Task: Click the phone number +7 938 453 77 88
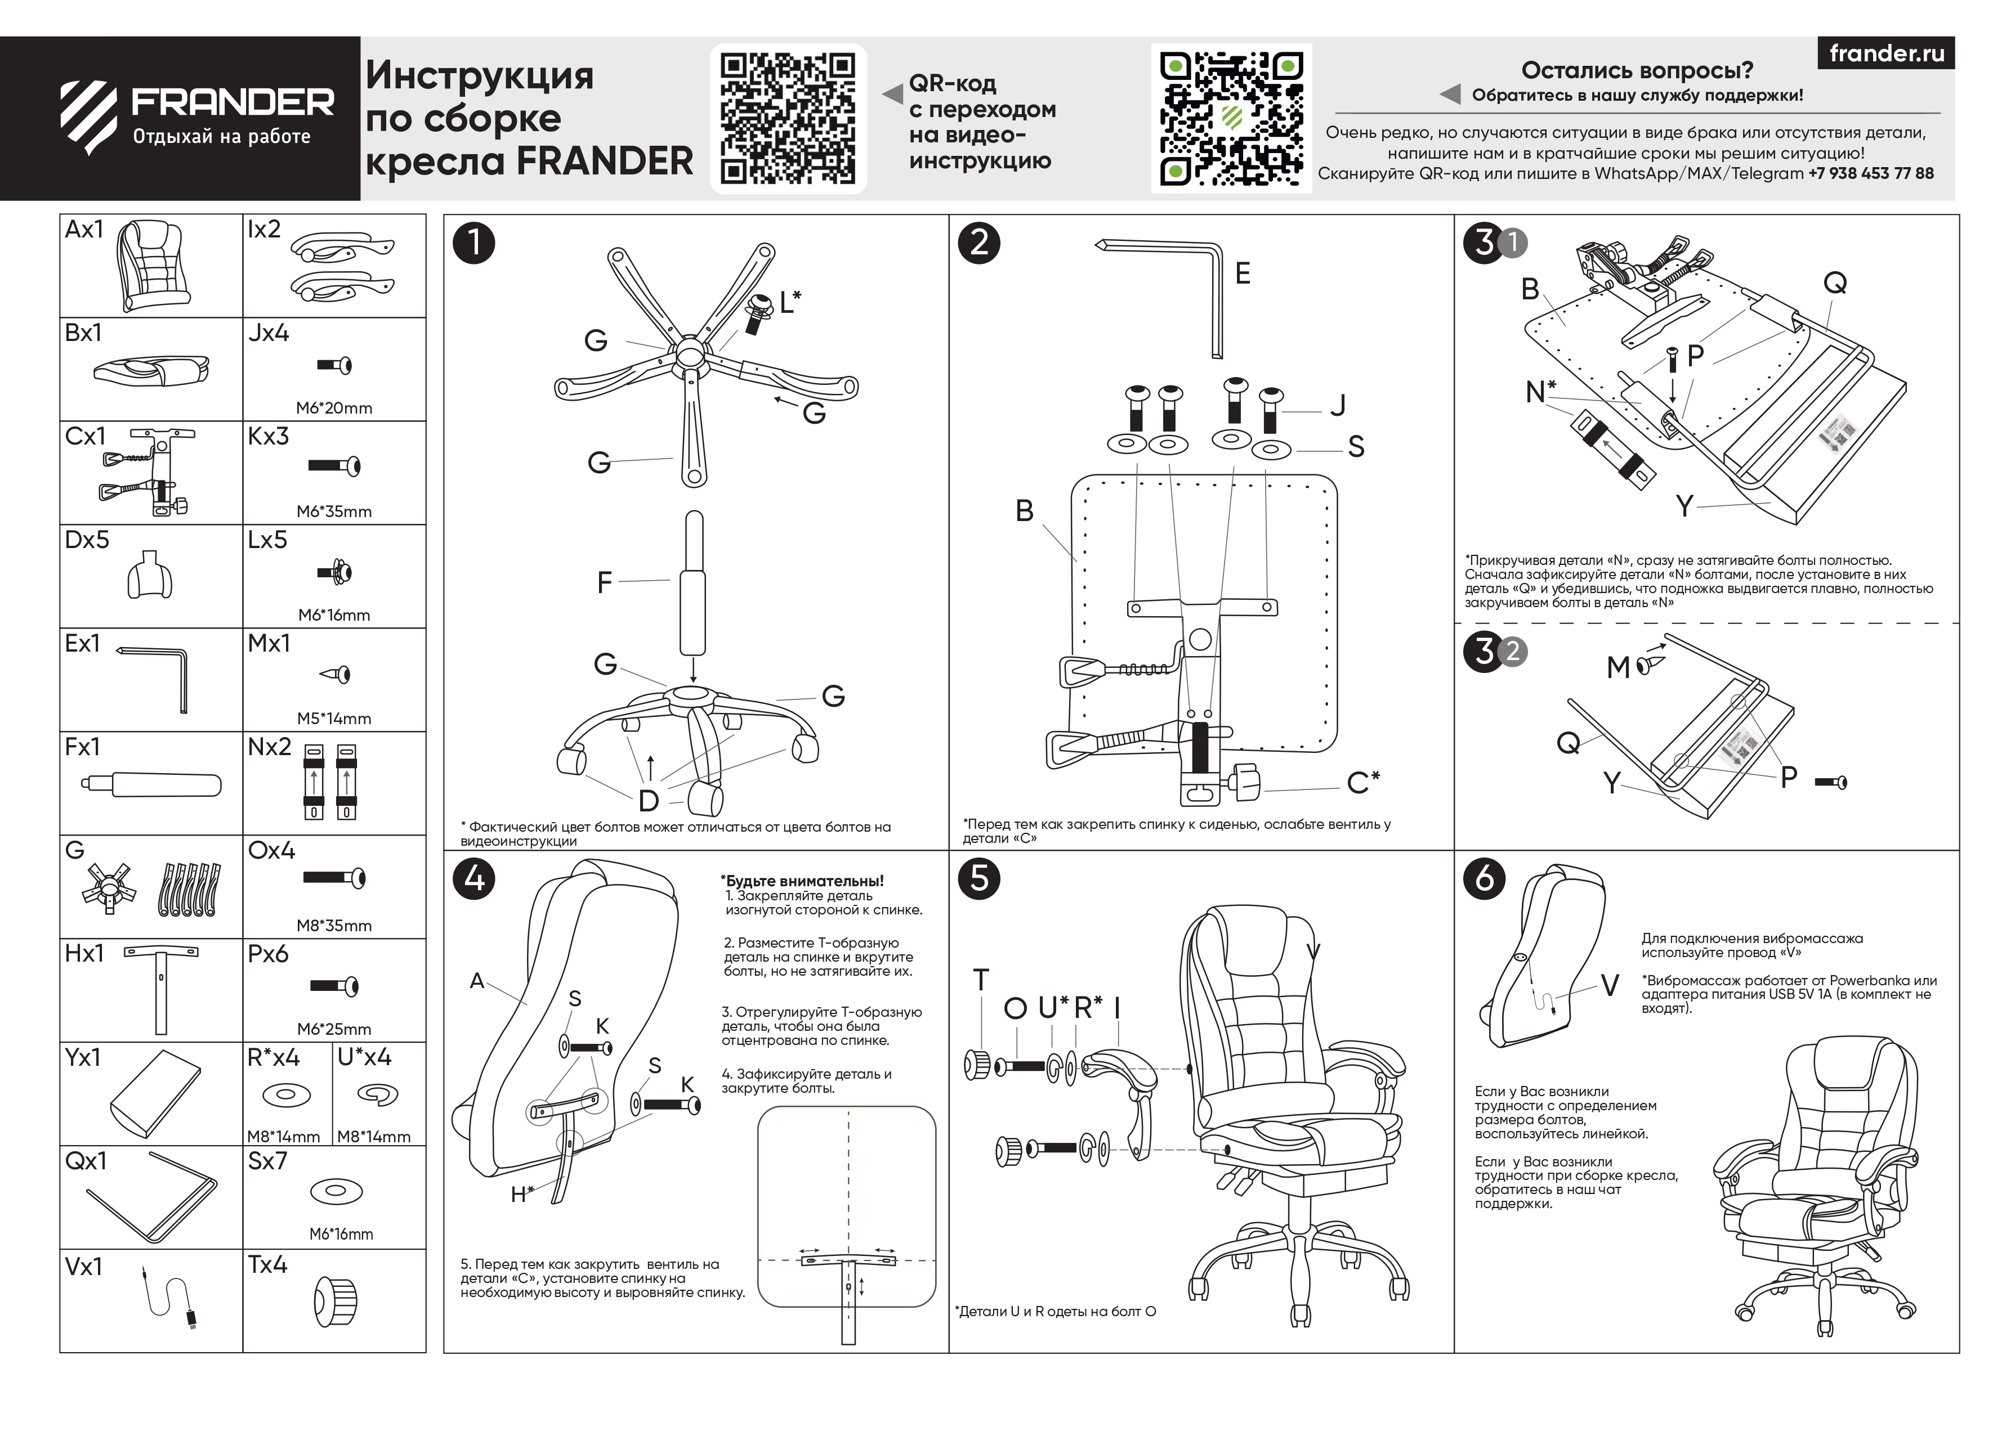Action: pos(1870,173)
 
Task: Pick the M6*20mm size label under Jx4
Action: pos(333,407)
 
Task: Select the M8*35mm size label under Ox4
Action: pos(333,926)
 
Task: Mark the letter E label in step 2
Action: pos(1242,274)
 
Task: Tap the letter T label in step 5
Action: pos(980,980)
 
